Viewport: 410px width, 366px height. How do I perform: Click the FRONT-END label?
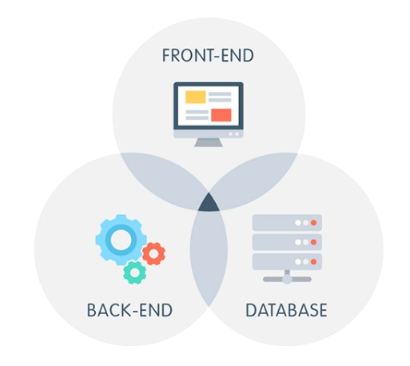(x=208, y=55)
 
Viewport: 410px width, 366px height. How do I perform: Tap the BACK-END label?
(x=129, y=310)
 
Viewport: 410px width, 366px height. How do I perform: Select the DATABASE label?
(x=286, y=310)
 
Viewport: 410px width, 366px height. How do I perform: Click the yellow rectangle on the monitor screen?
(x=196, y=97)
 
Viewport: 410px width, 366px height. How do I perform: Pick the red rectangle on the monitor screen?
(x=221, y=115)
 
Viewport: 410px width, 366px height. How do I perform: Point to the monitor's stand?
(x=209, y=142)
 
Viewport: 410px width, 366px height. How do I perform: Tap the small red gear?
(x=153, y=253)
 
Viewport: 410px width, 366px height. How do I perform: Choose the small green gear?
(x=134, y=273)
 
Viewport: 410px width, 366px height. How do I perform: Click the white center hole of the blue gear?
(x=121, y=240)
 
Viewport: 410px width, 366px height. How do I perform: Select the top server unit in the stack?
(x=287, y=222)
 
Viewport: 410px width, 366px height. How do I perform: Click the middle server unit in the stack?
(x=287, y=242)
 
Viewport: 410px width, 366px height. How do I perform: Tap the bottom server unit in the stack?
(x=287, y=262)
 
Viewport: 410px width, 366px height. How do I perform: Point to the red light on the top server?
(x=313, y=223)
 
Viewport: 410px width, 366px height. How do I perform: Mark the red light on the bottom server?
(x=313, y=262)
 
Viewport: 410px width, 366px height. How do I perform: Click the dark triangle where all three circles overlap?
(x=209, y=204)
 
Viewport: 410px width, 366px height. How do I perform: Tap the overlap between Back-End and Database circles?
(x=209, y=256)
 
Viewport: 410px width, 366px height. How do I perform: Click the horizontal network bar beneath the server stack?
(x=287, y=279)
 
